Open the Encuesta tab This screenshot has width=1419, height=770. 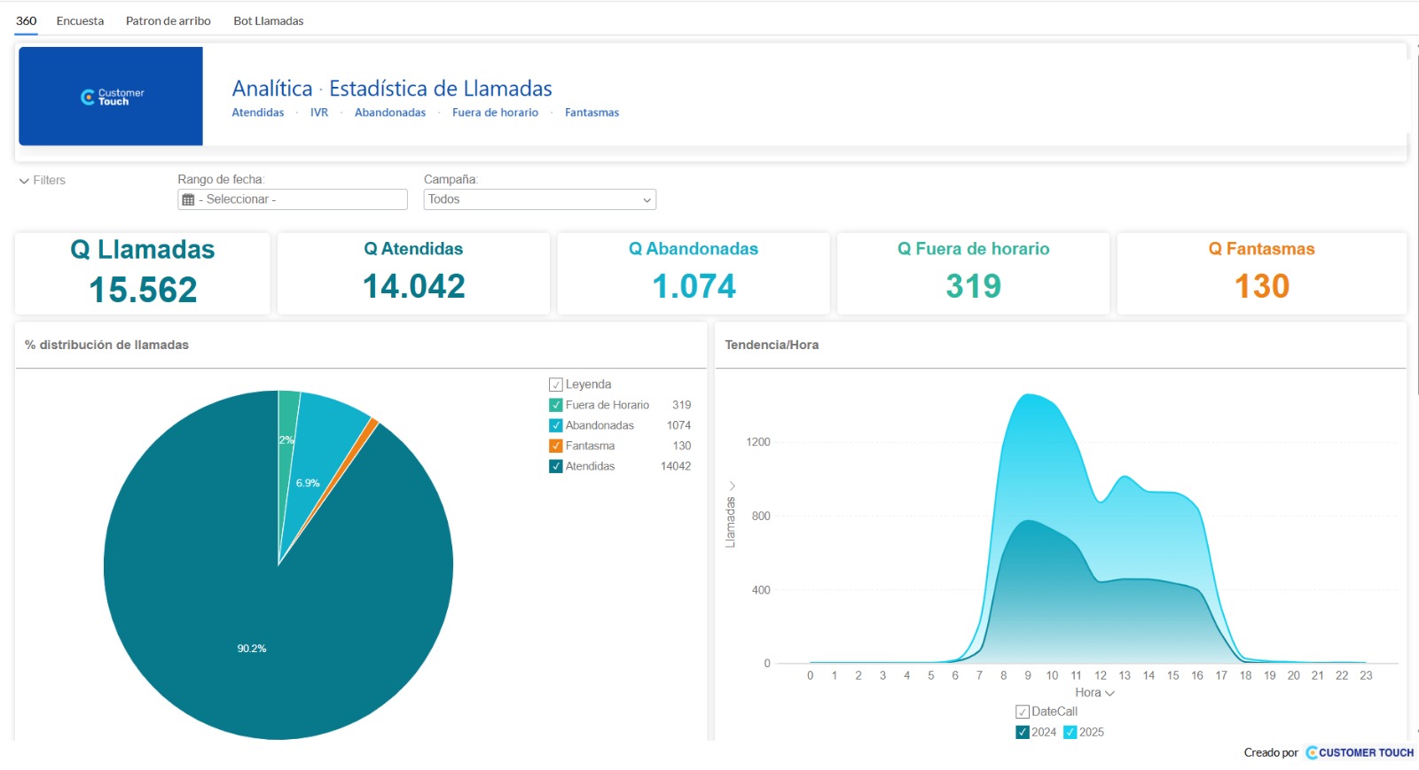pyautogui.click(x=80, y=21)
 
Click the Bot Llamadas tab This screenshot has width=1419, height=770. pyautogui.click(x=268, y=21)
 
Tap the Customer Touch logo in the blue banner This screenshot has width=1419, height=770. pyautogui.click(x=112, y=97)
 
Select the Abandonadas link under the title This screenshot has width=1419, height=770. pyautogui.click(x=390, y=113)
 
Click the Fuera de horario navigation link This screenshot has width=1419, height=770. pyautogui.click(x=496, y=113)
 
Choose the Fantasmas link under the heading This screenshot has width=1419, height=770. pyautogui.click(x=592, y=113)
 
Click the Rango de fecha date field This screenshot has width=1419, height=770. pyautogui.click(x=292, y=199)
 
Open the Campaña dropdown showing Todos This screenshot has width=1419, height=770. pyautogui.click(x=540, y=199)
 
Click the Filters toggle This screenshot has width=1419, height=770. pyautogui.click(x=43, y=181)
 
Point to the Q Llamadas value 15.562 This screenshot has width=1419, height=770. pyautogui.click(x=143, y=290)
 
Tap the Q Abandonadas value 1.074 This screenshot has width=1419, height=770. pyautogui.click(x=694, y=286)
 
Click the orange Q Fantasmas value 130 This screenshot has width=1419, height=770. pyautogui.click(x=1261, y=286)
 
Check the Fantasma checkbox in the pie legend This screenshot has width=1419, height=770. pyautogui.click(x=555, y=446)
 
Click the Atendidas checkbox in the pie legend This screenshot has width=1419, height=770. pyautogui.click(x=555, y=466)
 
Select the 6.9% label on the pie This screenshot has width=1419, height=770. pyautogui.click(x=308, y=483)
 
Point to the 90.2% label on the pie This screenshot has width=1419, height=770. pyautogui.click(x=252, y=649)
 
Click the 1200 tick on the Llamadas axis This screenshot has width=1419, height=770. pyautogui.click(x=758, y=441)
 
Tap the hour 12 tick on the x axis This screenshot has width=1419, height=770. pyautogui.click(x=1101, y=676)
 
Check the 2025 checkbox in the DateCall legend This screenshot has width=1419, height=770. pyautogui.click(x=1070, y=732)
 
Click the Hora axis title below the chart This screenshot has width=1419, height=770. pyautogui.click(x=1087, y=693)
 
